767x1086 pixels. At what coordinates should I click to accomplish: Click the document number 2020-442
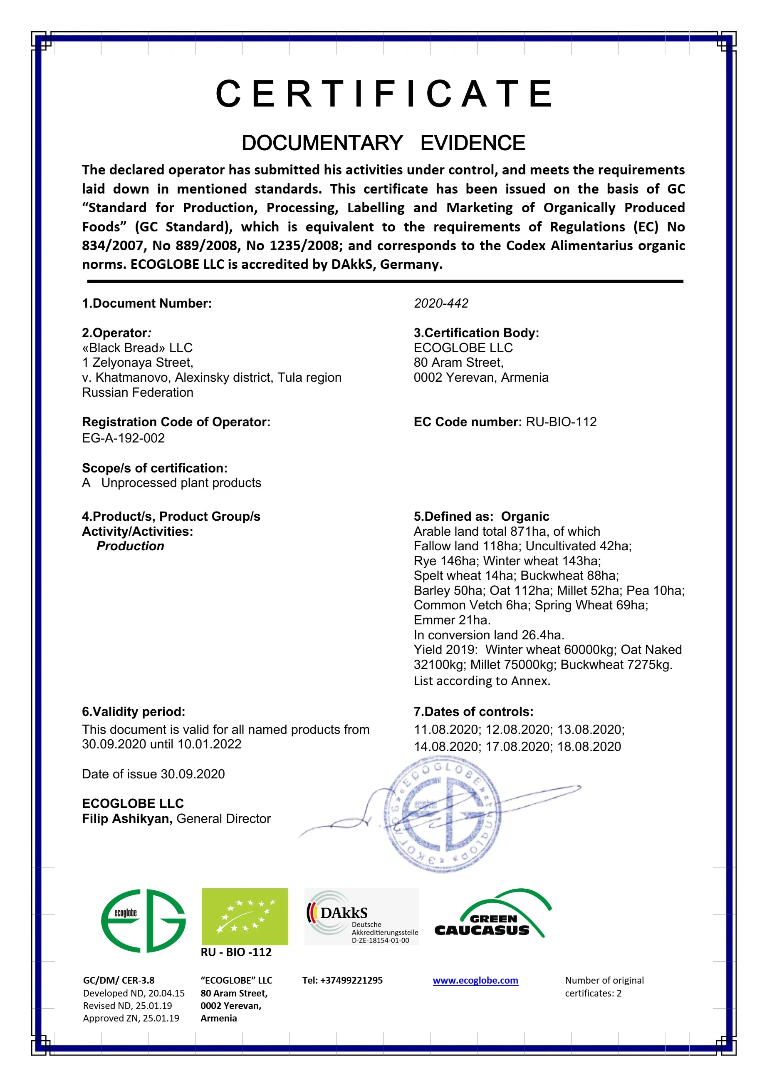click(440, 303)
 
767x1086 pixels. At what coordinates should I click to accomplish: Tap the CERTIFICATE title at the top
click(384, 94)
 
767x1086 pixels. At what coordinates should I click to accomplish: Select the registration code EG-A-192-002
click(124, 438)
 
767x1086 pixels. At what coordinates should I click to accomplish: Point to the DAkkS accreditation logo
click(361, 917)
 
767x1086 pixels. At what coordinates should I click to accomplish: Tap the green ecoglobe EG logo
click(143, 920)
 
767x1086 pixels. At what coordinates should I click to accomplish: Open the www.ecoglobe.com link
click(475, 981)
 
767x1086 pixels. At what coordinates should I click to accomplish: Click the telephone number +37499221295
click(342, 981)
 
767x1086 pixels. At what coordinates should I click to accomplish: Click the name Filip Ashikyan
click(126, 819)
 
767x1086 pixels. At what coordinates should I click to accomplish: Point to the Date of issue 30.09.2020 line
click(153, 774)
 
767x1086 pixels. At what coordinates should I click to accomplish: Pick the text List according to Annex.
click(482, 681)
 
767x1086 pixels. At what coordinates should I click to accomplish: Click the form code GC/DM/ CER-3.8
click(119, 981)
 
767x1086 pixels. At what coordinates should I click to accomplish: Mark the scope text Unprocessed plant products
click(181, 483)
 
